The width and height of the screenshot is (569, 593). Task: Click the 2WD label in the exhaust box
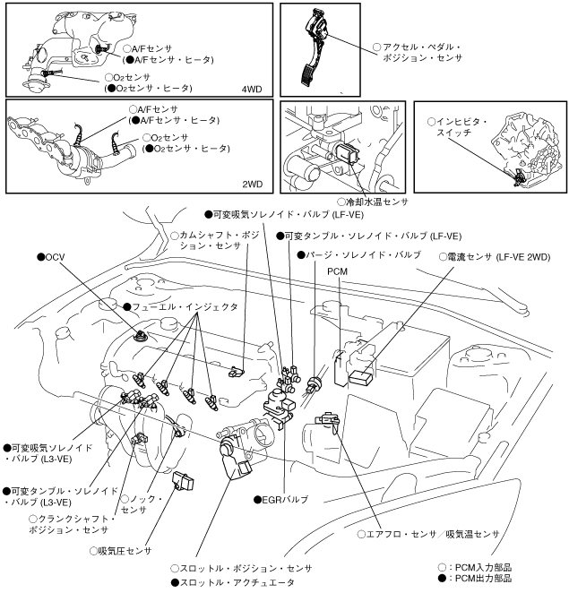(x=253, y=185)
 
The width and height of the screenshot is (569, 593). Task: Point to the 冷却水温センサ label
(x=377, y=202)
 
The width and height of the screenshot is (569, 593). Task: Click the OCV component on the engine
(x=142, y=339)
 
